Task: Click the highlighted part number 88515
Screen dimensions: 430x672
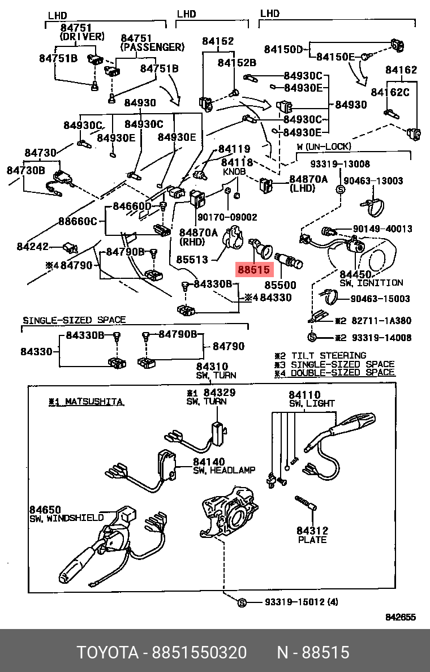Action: pos(254,270)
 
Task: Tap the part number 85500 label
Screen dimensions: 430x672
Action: pos(281,285)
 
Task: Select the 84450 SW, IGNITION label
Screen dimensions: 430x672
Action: pos(371,278)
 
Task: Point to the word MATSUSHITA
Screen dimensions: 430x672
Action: pos(94,402)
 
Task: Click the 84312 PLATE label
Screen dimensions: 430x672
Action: pos(312,535)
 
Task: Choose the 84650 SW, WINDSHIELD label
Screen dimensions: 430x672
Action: pos(66,514)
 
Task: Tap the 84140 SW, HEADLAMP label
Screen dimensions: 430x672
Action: pos(224,466)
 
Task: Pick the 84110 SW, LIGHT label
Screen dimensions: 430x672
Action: pos(311,399)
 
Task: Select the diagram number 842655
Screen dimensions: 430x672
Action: pos(401,617)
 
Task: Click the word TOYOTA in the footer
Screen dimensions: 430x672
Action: pos(107,653)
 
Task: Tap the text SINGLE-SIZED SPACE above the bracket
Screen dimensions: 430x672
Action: pos(74,320)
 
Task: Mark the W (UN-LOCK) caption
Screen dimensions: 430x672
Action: pos(324,147)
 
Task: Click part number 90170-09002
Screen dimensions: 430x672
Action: pos(227,217)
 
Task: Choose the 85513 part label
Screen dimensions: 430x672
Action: pos(192,260)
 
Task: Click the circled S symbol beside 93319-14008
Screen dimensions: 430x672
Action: pos(312,337)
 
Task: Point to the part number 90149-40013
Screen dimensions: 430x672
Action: pos(382,229)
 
